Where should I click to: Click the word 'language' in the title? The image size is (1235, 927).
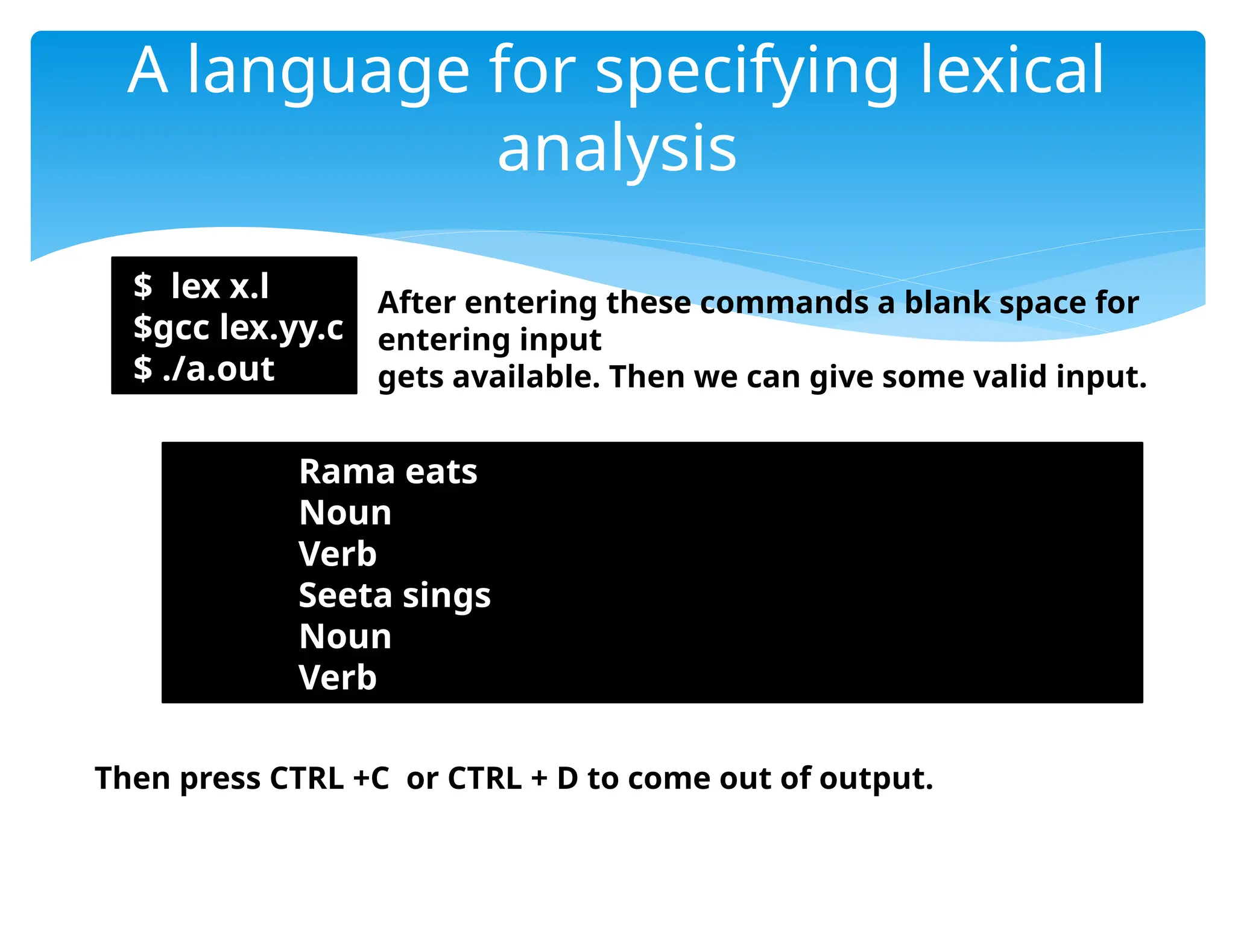(328, 72)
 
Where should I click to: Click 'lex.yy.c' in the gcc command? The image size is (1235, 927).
(282, 328)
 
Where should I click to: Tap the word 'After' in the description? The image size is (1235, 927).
(416, 302)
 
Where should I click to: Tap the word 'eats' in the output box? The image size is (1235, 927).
(441, 471)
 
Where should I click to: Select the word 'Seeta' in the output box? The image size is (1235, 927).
(346, 595)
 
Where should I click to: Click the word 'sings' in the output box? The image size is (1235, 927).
(446, 596)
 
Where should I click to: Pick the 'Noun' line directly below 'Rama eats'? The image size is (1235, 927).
(345, 513)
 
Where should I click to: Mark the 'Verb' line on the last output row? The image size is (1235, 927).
(338, 677)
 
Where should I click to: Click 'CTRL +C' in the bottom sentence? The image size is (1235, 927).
(329, 778)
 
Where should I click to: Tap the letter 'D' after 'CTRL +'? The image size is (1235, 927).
(567, 778)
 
